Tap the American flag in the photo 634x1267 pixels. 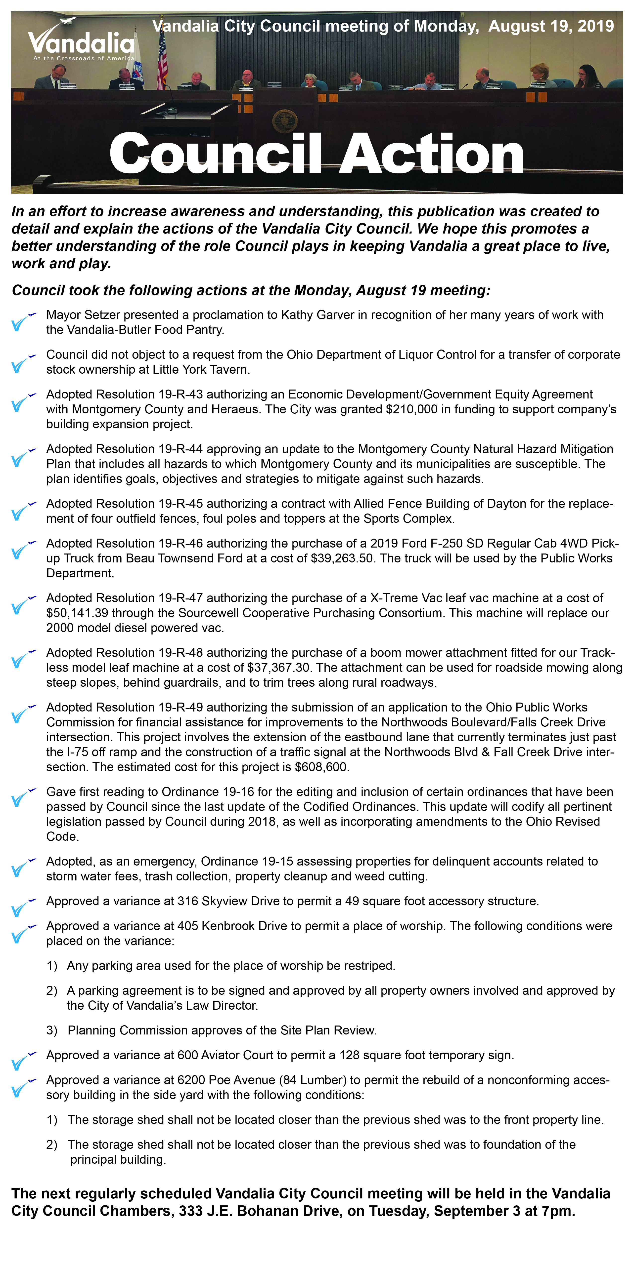tap(162, 59)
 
